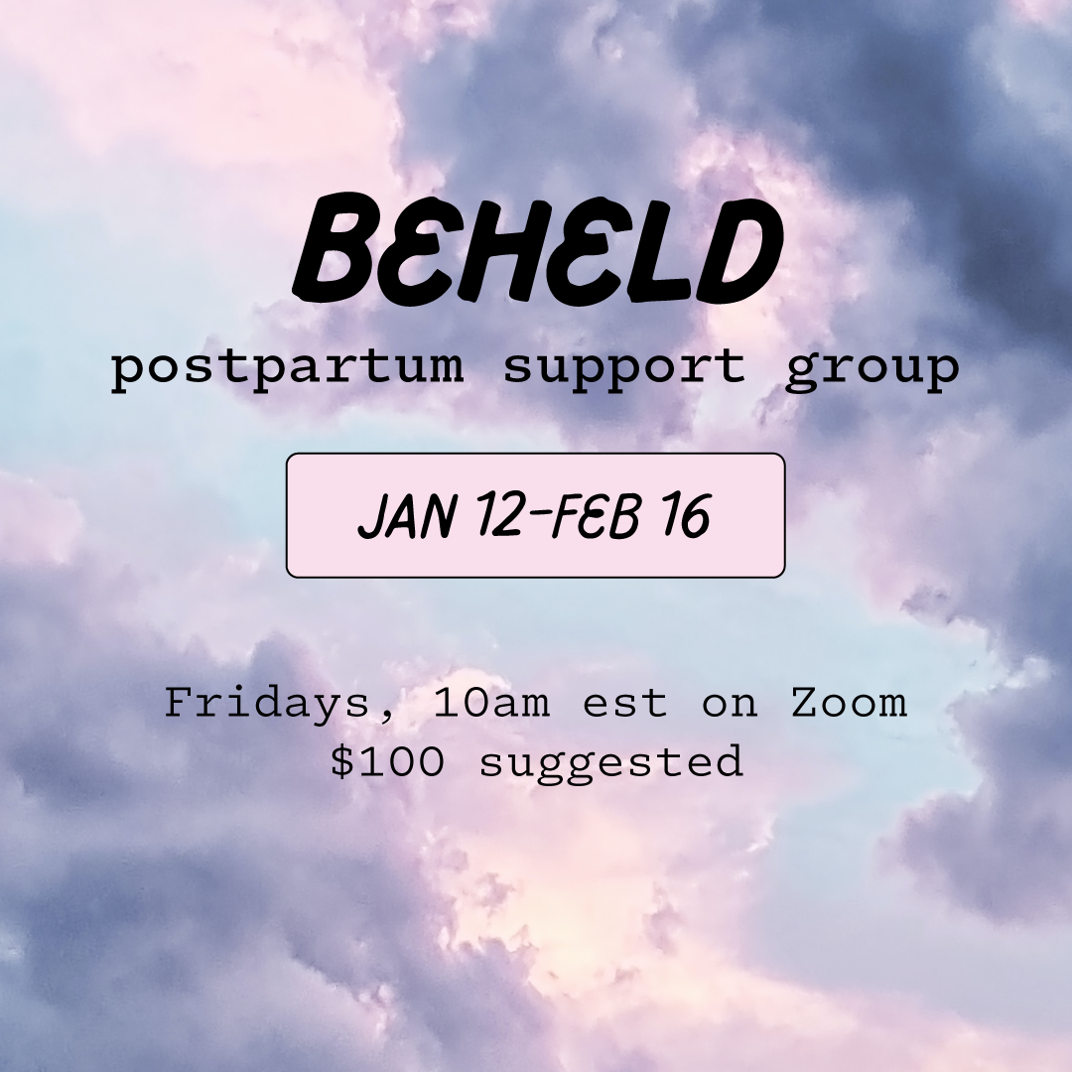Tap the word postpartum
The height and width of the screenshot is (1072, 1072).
click(288, 368)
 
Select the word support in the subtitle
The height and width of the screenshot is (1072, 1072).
click(623, 368)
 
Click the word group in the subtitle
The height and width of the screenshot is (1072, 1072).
click(872, 368)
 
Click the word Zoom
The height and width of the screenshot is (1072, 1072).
click(849, 704)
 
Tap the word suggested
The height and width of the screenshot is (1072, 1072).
click(610, 762)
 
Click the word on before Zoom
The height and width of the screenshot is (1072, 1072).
click(730, 704)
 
